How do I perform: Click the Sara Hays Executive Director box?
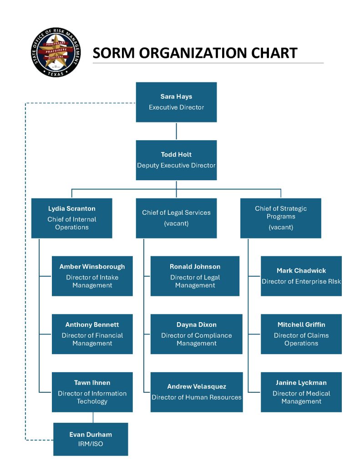click(x=176, y=102)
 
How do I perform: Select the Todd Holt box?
click(x=176, y=160)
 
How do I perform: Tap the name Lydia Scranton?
click(x=72, y=209)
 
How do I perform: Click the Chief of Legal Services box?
click(x=176, y=218)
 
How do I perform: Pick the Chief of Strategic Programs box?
click(x=281, y=218)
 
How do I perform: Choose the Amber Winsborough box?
click(x=92, y=276)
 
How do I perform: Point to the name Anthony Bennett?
click(x=92, y=325)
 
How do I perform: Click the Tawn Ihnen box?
click(x=92, y=392)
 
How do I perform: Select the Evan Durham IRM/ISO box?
click(x=91, y=439)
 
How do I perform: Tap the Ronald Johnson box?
click(x=195, y=276)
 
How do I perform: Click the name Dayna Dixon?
click(x=197, y=325)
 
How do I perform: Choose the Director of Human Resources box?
click(x=197, y=392)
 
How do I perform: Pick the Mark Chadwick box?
click(x=301, y=276)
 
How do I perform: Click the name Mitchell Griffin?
click(x=301, y=325)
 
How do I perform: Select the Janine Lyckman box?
click(x=301, y=392)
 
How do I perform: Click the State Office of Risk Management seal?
click(x=56, y=52)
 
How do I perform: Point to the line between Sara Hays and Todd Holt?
click(x=176, y=131)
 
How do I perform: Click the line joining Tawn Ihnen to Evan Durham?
click(x=93, y=417)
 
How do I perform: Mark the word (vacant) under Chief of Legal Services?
click(x=176, y=223)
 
